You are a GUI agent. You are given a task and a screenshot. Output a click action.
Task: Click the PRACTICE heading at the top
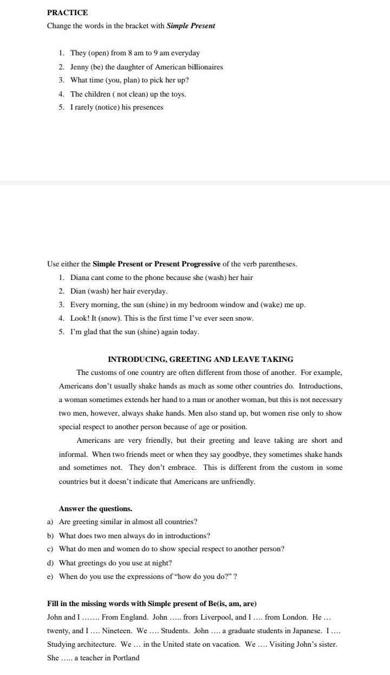click(67, 12)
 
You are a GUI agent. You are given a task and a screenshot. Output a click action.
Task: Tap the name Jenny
click(81, 67)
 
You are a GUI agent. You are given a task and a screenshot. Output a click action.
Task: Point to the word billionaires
click(202, 67)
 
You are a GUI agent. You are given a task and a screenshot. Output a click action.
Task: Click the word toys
click(178, 94)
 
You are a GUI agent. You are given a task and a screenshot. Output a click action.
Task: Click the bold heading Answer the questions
click(95, 508)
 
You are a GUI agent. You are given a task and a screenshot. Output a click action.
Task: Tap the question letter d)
click(50, 563)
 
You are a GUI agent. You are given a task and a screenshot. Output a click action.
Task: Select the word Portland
click(125, 658)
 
